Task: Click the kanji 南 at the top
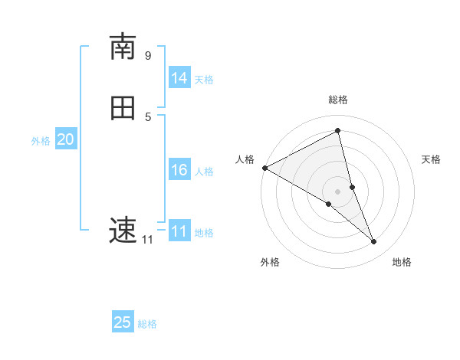click(x=123, y=47)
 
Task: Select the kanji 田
click(x=123, y=108)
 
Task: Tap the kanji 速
click(x=123, y=229)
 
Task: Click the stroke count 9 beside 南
click(x=148, y=56)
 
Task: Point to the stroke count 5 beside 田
click(x=148, y=116)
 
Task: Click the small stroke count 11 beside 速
click(x=147, y=240)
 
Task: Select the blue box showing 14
click(x=179, y=78)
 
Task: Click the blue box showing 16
click(x=179, y=170)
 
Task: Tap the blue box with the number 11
click(x=179, y=231)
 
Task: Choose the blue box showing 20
click(x=66, y=139)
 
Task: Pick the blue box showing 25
click(x=123, y=322)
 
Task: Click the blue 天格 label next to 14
click(x=204, y=80)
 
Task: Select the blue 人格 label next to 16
click(x=204, y=172)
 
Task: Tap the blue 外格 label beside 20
click(x=41, y=141)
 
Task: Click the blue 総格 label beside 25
click(x=147, y=324)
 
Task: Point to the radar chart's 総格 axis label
click(x=338, y=100)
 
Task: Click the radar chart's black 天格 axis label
click(x=432, y=159)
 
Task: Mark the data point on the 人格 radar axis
click(x=264, y=168)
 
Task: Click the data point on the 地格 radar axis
click(x=374, y=242)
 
